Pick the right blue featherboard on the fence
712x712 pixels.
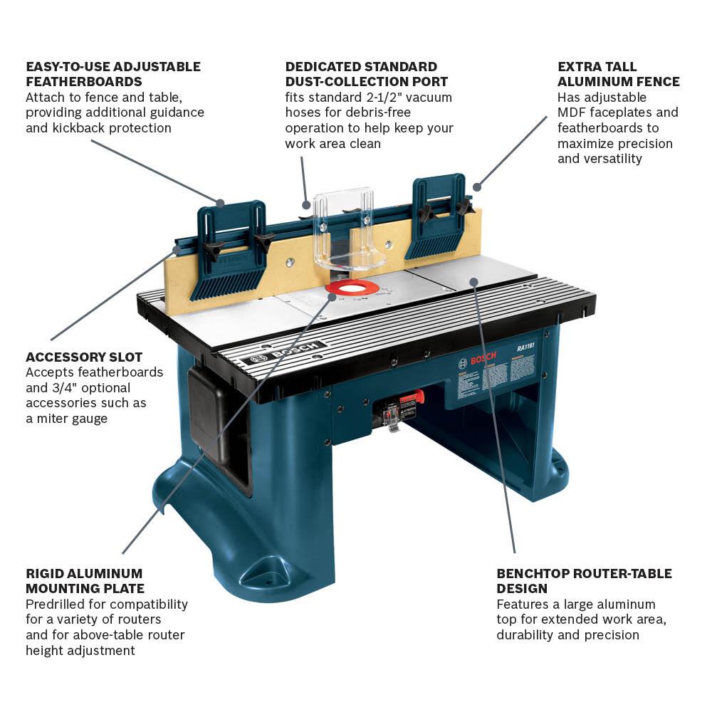[x=436, y=217]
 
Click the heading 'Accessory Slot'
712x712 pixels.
[x=84, y=357]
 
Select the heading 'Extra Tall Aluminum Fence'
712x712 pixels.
[x=618, y=74]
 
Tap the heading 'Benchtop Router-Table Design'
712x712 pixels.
[x=584, y=581]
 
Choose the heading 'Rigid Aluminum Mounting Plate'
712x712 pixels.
[x=85, y=581]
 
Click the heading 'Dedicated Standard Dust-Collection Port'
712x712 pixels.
[x=367, y=74]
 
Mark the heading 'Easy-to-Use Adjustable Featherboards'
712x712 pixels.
[x=113, y=74]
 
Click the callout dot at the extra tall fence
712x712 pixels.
[x=477, y=187]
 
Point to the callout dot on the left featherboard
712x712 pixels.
[x=221, y=203]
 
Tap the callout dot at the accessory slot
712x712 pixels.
[x=176, y=250]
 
